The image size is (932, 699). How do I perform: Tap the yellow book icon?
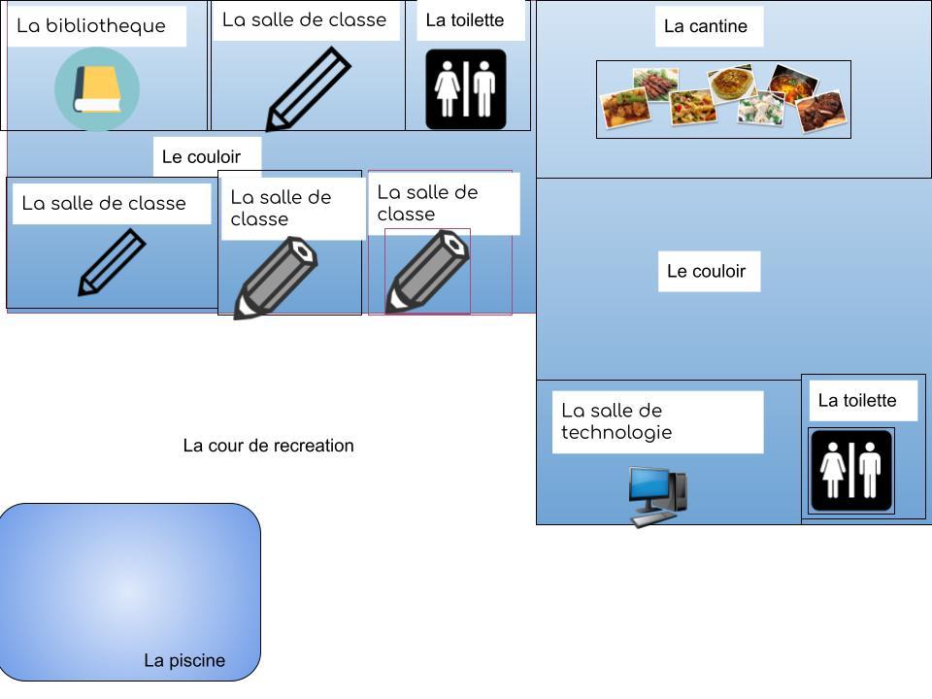[x=97, y=89]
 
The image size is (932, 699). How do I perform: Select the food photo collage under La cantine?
[x=723, y=99]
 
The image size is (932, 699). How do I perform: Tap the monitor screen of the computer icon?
[x=650, y=485]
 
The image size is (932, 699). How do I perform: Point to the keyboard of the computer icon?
[x=653, y=519]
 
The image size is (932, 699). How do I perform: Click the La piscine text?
[x=184, y=660]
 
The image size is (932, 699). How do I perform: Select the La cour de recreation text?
[x=268, y=446]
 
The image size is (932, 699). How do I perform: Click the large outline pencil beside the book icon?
[x=308, y=89]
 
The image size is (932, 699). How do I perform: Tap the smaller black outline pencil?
[x=112, y=263]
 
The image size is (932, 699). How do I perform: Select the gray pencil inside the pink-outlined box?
[x=428, y=272]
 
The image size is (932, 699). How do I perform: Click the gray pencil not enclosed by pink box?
[x=276, y=279]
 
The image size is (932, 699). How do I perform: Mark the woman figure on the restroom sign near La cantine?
[x=447, y=89]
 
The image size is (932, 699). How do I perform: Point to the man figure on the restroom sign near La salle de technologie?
[x=870, y=470]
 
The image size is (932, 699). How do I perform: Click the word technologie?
[x=616, y=433]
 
